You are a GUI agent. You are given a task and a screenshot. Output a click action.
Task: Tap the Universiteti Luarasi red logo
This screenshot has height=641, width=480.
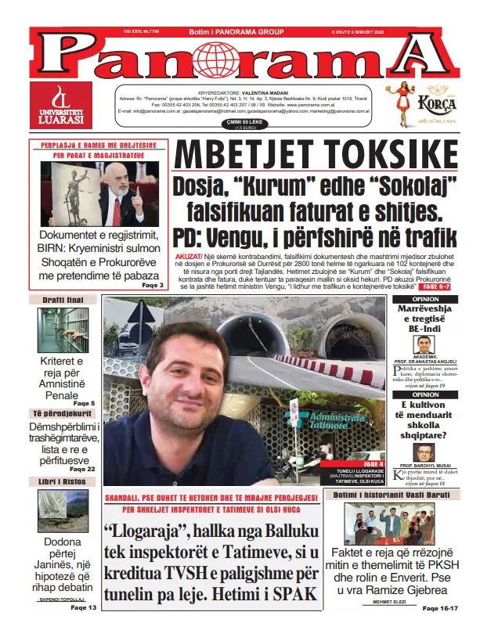point(61,105)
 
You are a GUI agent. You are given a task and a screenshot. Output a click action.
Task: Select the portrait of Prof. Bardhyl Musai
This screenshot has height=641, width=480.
point(424,453)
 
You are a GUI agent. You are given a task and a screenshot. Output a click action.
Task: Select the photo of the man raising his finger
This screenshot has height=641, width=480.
point(99,193)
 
